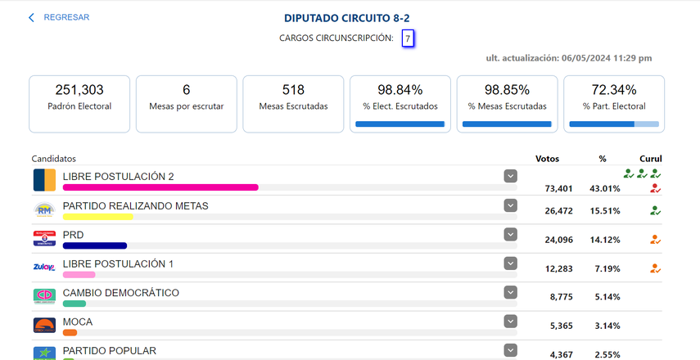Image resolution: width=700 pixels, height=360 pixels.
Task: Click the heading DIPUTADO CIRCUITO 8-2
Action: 347,17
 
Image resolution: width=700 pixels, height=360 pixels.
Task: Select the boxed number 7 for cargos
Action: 408,38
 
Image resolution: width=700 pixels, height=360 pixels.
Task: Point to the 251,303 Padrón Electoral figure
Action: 79,90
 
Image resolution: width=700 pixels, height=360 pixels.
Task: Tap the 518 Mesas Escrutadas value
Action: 293,90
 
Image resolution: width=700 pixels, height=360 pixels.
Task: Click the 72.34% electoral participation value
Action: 614,90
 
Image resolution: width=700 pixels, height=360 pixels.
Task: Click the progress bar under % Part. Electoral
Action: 614,124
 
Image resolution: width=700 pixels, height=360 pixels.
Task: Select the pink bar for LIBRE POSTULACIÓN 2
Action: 160,187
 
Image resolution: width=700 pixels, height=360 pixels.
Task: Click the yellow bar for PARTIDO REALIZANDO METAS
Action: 97,217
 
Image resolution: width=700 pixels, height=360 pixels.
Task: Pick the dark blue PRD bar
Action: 94,245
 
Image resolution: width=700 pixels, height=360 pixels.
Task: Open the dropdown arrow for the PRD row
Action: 511,234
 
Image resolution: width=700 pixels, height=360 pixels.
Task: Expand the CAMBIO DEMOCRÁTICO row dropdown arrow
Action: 511,292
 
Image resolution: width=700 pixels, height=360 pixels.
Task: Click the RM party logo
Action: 44,210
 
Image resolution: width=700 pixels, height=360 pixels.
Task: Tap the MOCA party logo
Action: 44,326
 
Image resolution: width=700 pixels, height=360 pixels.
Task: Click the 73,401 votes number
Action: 562,188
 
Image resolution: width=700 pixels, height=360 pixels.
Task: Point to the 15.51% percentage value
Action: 604,211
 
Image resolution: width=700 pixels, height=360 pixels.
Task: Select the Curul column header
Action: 651,159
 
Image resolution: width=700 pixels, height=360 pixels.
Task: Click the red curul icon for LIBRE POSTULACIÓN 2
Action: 654,188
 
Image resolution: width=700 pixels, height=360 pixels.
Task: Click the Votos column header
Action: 548,159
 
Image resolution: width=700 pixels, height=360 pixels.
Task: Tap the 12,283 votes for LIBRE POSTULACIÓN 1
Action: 562,268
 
